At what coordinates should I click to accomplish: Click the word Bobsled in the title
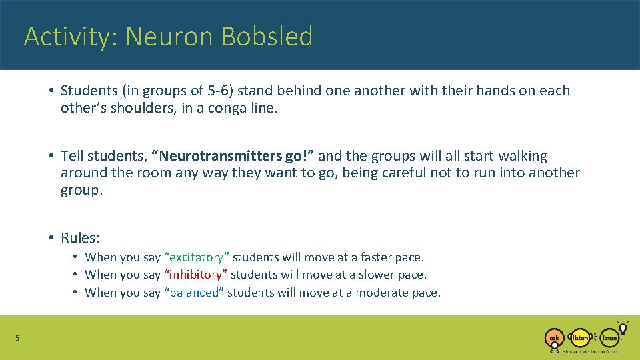[267, 37]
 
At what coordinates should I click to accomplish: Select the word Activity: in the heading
[71, 37]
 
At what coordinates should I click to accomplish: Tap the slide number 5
[18, 338]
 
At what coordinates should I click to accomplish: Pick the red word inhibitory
[197, 275]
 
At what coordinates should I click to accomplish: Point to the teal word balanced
[194, 293]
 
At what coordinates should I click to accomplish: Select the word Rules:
[80, 238]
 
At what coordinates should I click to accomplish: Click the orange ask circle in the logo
[554, 338]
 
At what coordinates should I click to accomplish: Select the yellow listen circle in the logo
[581, 338]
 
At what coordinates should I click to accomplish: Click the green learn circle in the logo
[609, 338]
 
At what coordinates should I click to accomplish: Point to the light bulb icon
[623, 327]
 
